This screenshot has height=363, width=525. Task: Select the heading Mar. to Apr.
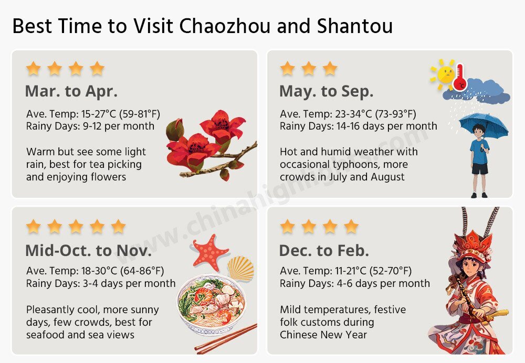click(71, 91)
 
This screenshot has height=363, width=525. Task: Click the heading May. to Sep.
click(326, 91)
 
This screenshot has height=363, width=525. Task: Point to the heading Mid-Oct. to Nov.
click(88, 250)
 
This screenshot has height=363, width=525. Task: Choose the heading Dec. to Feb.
click(324, 250)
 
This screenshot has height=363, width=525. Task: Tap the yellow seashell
click(241, 268)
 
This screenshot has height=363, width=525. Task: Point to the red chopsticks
click(226, 339)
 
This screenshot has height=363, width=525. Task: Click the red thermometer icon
click(460, 77)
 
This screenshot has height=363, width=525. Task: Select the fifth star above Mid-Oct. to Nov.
click(118, 227)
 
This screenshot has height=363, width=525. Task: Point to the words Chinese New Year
click(323, 335)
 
